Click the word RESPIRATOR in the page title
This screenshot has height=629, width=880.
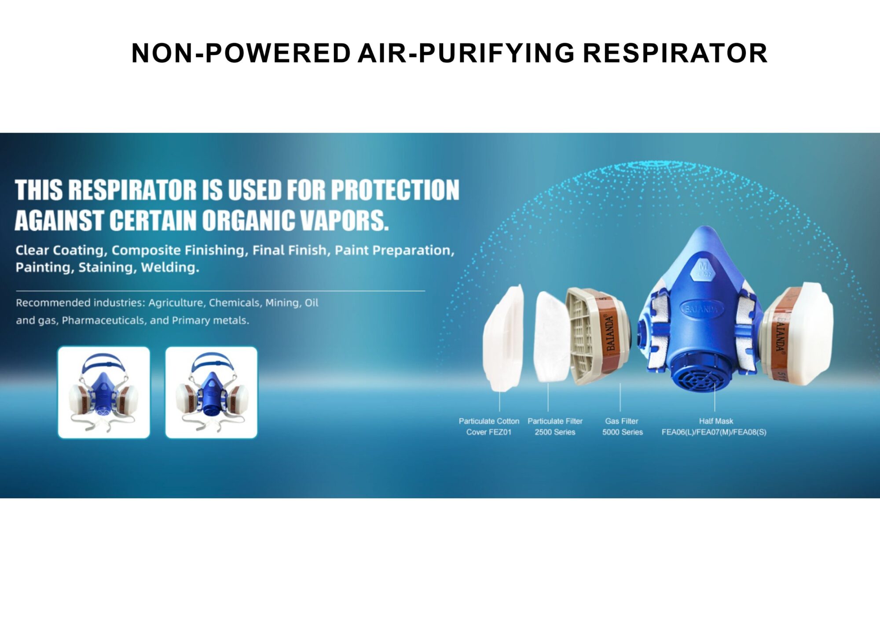tap(675, 53)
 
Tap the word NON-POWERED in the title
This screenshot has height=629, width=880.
tap(241, 53)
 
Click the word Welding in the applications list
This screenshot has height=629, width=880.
tap(170, 267)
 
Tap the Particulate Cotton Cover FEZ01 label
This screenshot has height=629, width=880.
tap(489, 426)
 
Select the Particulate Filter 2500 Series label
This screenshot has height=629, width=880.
tap(555, 426)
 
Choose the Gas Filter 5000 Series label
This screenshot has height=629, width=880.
tap(622, 426)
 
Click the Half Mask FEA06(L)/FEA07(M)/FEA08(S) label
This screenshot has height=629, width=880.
tap(714, 426)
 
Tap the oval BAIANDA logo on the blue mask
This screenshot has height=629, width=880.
tap(701, 309)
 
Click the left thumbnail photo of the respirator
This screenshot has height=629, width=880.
tap(104, 392)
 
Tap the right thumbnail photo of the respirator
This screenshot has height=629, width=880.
tap(211, 392)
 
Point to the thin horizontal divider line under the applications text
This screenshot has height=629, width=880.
tap(220, 291)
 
